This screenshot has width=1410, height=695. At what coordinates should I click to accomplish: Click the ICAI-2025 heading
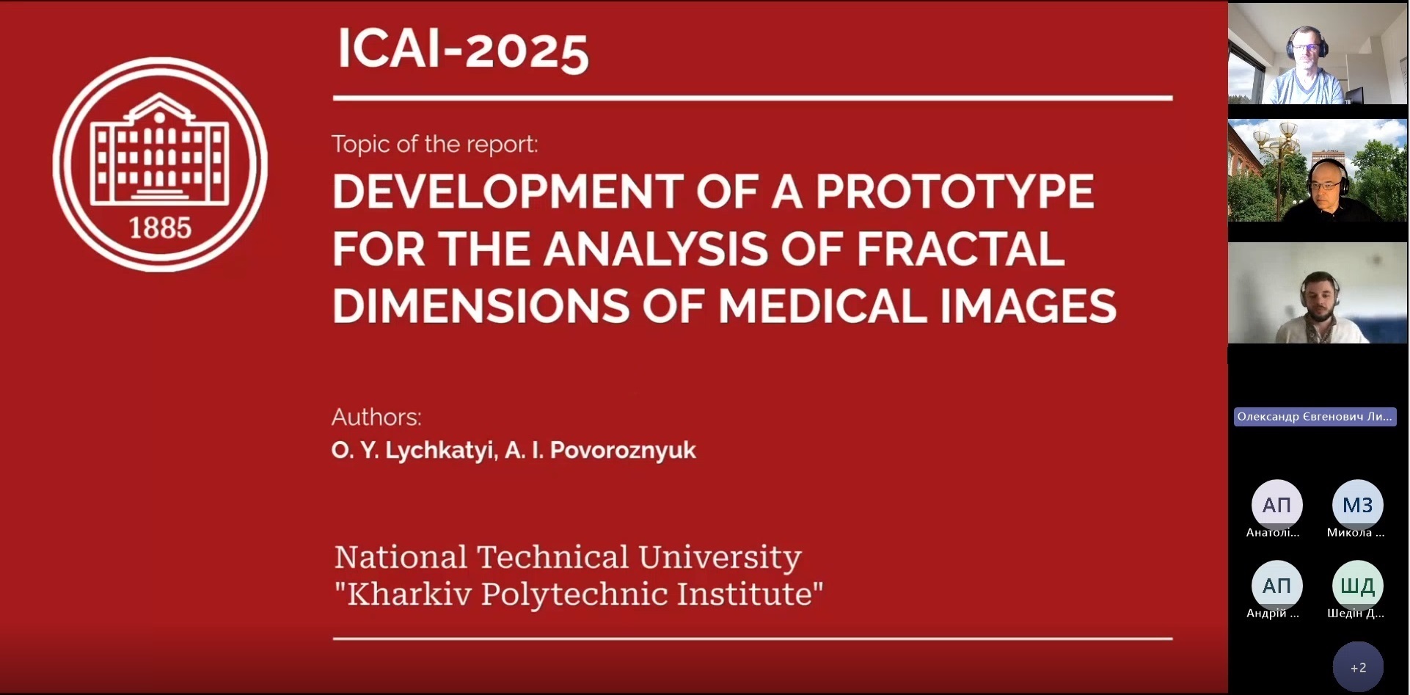click(x=463, y=50)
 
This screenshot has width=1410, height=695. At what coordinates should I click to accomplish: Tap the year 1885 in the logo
click(x=160, y=228)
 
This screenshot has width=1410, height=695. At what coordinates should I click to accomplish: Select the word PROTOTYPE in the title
click(x=954, y=192)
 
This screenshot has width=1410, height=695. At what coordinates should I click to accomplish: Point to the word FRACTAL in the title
click(x=960, y=249)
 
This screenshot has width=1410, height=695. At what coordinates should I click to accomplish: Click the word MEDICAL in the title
click(x=822, y=306)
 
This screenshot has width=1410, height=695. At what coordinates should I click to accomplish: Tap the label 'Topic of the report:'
click(x=434, y=144)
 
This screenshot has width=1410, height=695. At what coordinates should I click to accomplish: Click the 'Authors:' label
click(x=376, y=417)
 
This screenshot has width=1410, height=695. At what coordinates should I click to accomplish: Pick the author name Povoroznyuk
click(x=623, y=450)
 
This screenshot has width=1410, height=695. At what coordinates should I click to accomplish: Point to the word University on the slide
click(x=720, y=558)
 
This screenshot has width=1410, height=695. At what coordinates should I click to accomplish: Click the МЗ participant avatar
click(x=1357, y=505)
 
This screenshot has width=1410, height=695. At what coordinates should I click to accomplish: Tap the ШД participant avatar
click(x=1357, y=586)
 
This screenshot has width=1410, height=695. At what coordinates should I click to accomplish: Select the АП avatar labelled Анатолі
click(x=1276, y=505)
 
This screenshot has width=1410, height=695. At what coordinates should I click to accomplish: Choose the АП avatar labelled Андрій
click(x=1276, y=586)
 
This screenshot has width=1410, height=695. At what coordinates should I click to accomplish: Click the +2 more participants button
click(x=1358, y=667)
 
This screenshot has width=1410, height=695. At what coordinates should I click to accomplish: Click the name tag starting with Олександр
click(x=1315, y=417)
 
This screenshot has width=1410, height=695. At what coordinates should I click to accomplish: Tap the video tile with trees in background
click(x=1318, y=170)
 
